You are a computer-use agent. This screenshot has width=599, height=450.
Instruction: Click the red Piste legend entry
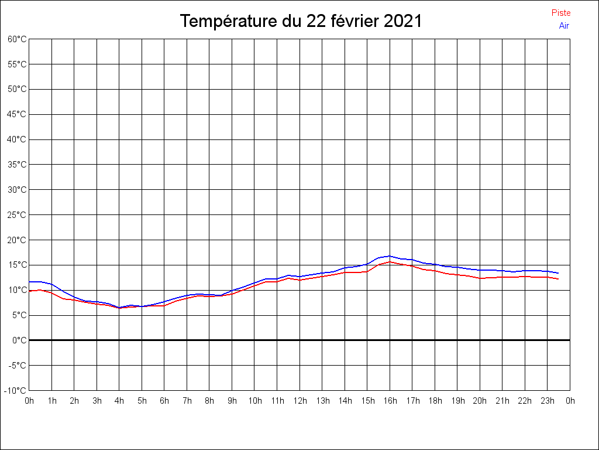[560, 13]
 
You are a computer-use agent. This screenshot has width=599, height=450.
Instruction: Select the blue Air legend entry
[564, 26]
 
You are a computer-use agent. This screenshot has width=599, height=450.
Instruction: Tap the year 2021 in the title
[402, 22]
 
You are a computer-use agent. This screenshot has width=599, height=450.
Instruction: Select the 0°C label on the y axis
[20, 340]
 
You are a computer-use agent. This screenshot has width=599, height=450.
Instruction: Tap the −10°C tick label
[15, 391]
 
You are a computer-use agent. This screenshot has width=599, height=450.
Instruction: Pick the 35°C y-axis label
[17, 165]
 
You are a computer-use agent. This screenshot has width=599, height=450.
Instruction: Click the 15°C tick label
[17, 265]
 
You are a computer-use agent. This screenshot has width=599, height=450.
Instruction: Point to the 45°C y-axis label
[17, 114]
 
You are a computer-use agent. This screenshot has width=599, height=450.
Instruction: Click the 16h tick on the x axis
[390, 401]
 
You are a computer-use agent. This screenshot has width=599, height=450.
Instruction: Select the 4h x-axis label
[119, 401]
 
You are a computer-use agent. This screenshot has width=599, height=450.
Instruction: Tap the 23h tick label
[548, 401]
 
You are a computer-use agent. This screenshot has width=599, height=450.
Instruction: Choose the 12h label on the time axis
[299, 401]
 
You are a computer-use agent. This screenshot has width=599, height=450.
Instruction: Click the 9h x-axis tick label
[232, 401]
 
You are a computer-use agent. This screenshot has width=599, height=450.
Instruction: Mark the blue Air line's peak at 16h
[390, 256]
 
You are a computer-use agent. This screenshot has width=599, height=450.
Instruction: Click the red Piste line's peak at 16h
[390, 262]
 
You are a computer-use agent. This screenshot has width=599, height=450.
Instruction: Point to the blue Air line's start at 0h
[30, 282]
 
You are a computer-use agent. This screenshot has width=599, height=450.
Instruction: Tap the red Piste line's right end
[558, 279]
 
